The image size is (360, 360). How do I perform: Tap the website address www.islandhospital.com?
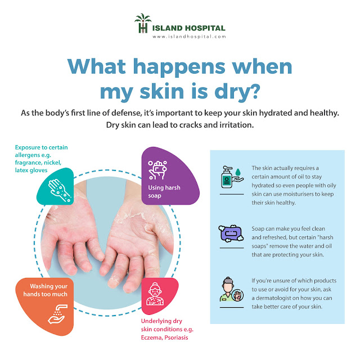[x=188, y=37]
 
